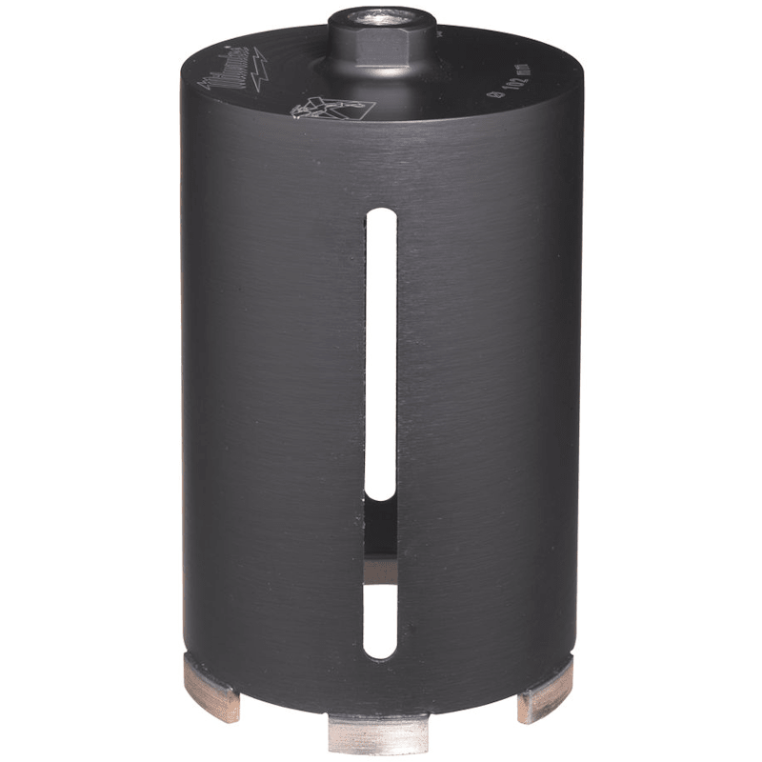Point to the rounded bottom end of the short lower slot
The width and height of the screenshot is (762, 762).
coord(381,655)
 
